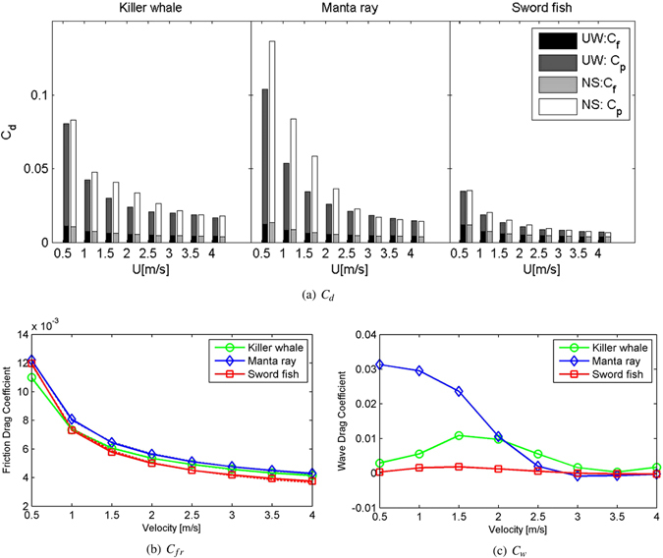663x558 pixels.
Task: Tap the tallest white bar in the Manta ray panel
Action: click(x=272, y=138)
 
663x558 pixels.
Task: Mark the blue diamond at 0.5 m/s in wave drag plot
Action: click(x=381, y=364)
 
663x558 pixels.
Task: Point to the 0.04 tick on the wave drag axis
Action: click(x=365, y=334)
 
